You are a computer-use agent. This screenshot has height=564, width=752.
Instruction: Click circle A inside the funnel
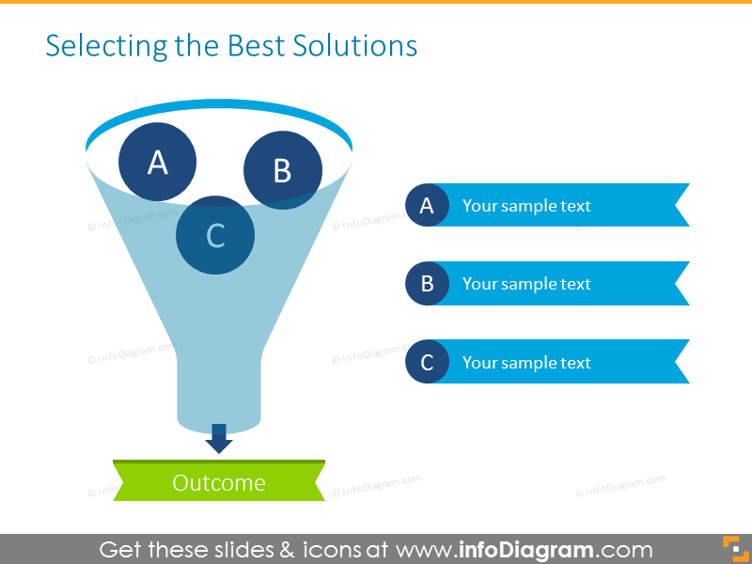(x=157, y=162)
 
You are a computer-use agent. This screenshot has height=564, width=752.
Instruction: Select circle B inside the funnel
(x=282, y=170)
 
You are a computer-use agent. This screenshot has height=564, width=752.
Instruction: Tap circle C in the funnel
(x=215, y=235)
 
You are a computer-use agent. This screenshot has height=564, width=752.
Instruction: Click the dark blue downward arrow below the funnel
(x=219, y=438)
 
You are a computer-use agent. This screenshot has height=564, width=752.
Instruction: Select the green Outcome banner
(x=219, y=482)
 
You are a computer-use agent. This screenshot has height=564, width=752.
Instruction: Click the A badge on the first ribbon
(x=427, y=206)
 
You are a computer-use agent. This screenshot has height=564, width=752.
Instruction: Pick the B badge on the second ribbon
(x=427, y=284)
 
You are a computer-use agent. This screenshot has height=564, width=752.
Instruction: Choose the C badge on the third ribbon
(x=427, y=362)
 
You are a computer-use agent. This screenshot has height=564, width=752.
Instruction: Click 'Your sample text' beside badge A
(x=526, y=206)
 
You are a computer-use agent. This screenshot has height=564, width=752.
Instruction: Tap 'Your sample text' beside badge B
(x=526, y=284)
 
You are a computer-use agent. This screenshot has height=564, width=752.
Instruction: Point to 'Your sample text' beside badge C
(x=526, y=362)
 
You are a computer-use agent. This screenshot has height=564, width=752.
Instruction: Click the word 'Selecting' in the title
(x=98, y=46)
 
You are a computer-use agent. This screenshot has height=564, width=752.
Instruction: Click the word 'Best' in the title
(x=250, y=46)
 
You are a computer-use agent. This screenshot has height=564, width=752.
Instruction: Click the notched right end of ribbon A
(x=679, y=206)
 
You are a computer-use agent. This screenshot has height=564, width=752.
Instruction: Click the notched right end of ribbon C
(x=679, y=362)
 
